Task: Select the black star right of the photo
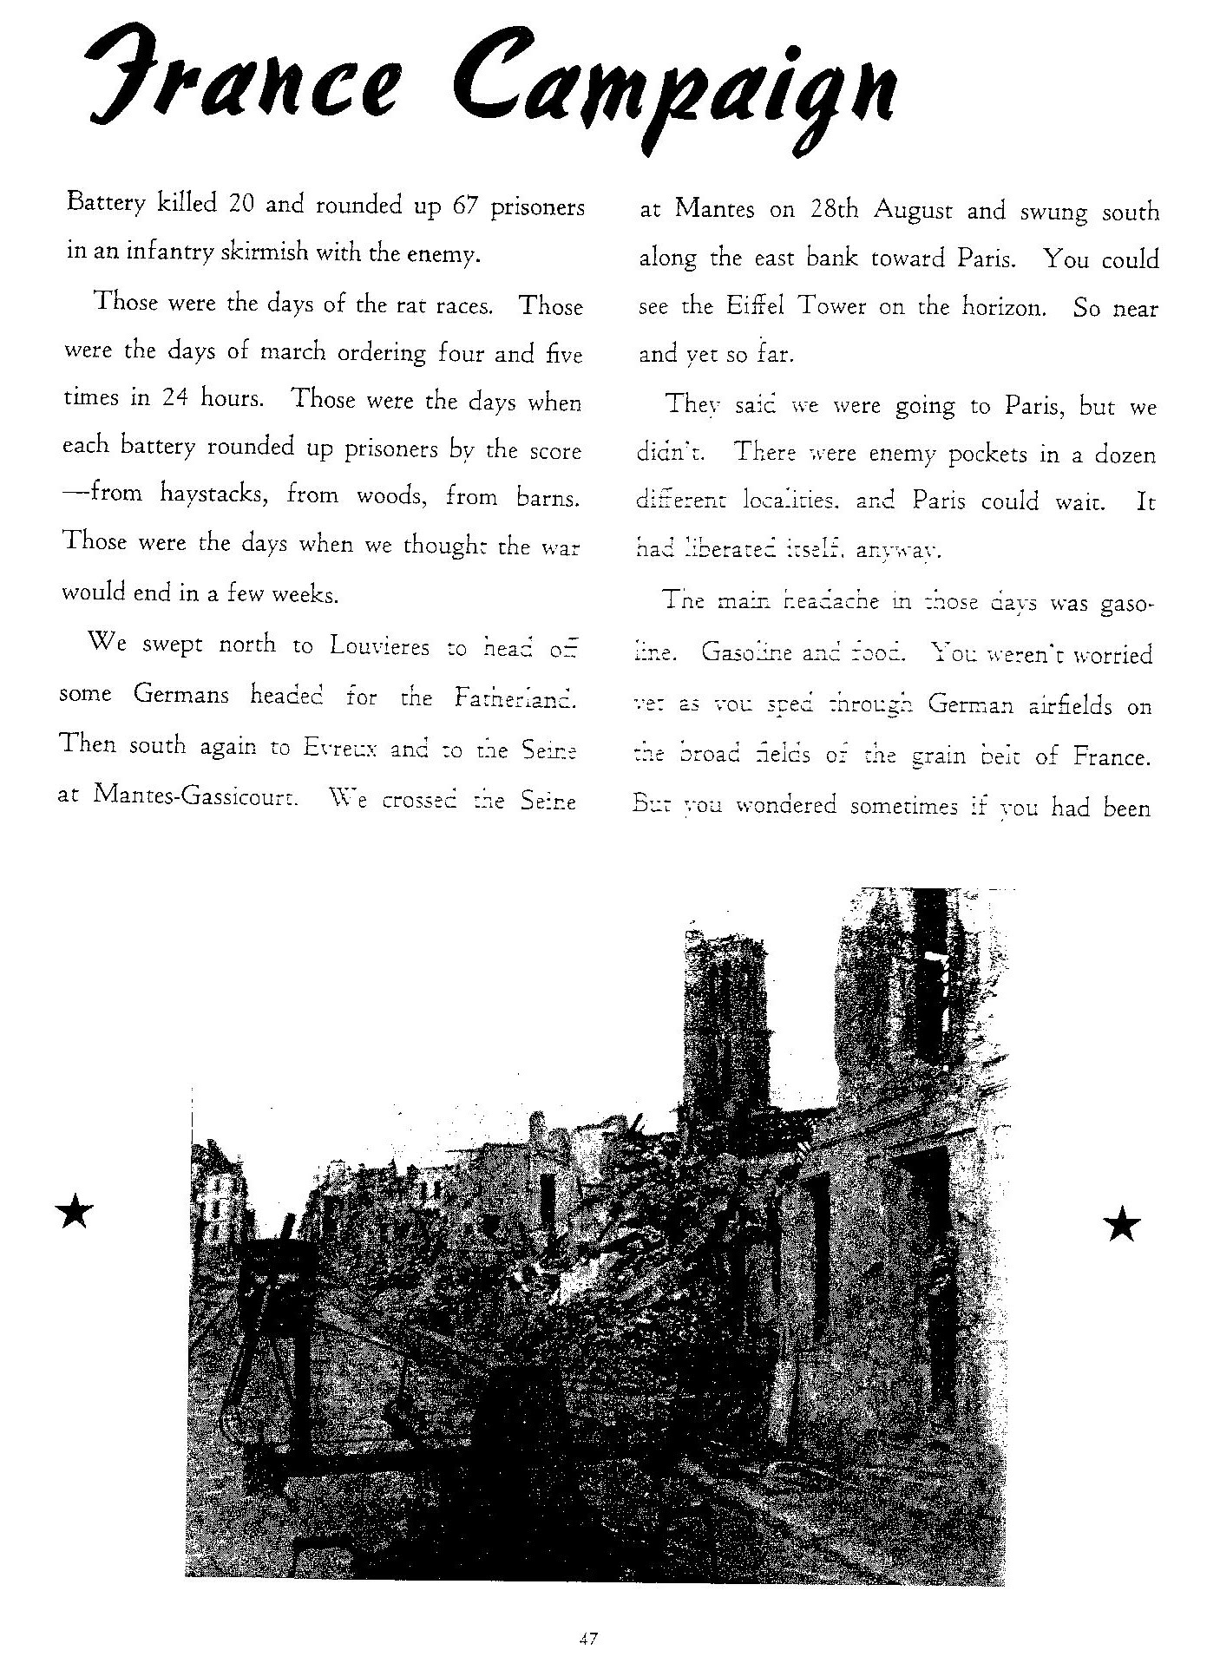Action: (x=1121, y=1224)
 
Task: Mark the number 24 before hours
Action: (x=175, y=398)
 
